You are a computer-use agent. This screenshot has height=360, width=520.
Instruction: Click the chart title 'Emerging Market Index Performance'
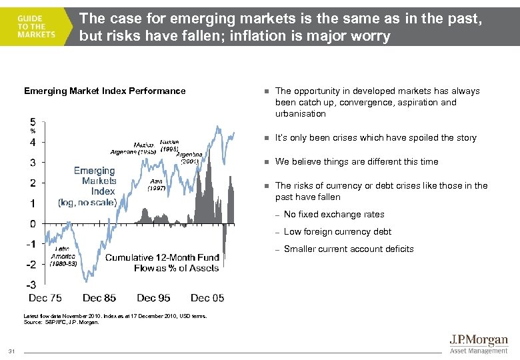[105, 91]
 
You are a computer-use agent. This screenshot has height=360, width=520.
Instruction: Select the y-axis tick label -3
[31, 285]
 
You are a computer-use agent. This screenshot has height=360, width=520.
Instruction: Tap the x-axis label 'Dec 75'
[45, 298]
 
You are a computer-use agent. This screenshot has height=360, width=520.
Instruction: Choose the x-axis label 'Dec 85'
[99, 298]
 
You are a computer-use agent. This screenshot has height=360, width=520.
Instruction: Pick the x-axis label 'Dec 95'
[153, 298]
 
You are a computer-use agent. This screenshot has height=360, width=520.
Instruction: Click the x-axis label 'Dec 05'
[207, 298]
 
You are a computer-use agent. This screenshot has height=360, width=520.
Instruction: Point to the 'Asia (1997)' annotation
[157, 185]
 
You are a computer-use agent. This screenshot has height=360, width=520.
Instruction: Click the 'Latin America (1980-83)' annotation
[64, 256]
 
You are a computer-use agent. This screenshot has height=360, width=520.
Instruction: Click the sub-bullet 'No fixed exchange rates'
[334, 215]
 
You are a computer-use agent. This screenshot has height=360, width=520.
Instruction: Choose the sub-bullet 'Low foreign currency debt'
[337, 232]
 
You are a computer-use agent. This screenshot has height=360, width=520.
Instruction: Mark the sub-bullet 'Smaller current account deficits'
[349, 249]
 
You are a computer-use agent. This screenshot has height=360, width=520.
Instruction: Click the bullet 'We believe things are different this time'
[357, 162]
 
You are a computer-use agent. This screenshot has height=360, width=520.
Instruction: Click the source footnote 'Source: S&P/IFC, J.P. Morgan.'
[61, 323]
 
